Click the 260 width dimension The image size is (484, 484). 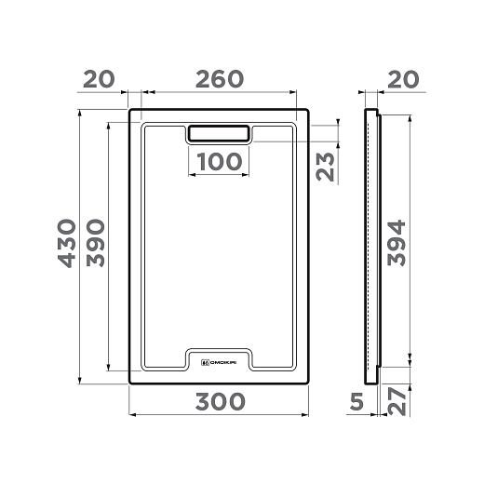220,79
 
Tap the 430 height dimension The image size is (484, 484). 67,244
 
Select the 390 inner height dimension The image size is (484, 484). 96,243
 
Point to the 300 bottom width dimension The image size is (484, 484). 220,401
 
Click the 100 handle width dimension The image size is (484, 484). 220,162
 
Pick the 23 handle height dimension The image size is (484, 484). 325,167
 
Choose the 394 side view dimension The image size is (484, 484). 397,243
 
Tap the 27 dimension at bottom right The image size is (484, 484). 397,402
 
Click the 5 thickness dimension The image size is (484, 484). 356,401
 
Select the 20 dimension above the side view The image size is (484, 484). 403,79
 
